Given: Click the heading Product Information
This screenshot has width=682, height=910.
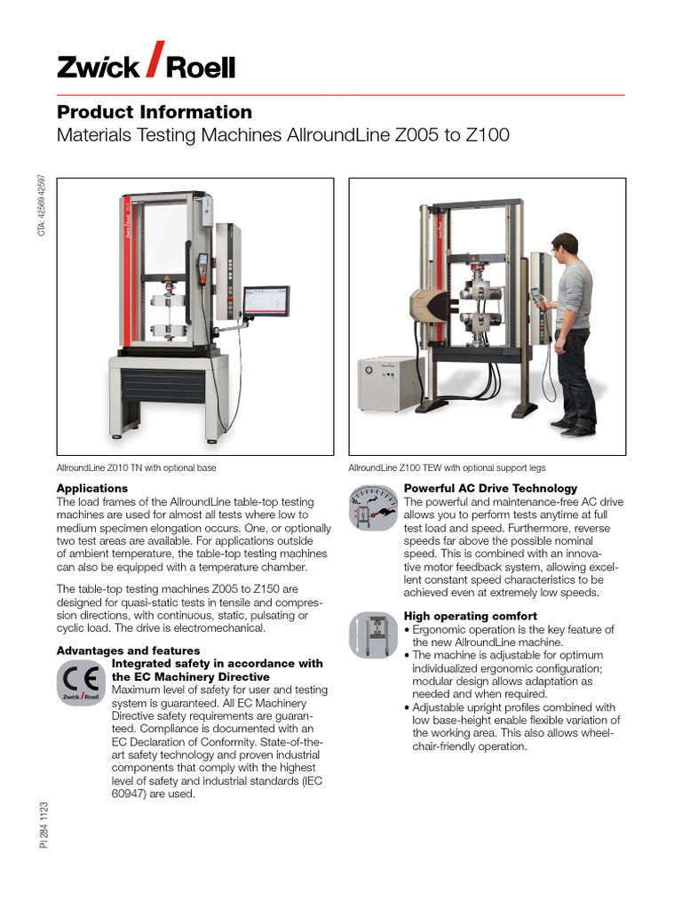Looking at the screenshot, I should pyautogui.click(x=155, y=113).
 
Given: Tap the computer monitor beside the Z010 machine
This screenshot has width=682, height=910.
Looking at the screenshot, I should pyautogui.click(x=266, y=303).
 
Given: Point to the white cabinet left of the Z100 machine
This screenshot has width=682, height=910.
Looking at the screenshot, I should pyautogui.click(x=387, y=383).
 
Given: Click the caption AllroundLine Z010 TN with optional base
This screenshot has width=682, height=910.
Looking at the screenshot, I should pyautogui.click(x=137, y=467).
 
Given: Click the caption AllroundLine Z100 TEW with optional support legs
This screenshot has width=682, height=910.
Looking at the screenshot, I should pyautogui.click(x=447, y=467).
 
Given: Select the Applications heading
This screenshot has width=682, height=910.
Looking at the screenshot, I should pyautogui.click(x=92, y=489).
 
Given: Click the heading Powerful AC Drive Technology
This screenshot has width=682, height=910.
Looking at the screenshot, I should pyautogui.click(x=490, y=489).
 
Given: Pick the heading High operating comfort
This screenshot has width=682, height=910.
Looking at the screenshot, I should pyautogui.click(x=471, y=616).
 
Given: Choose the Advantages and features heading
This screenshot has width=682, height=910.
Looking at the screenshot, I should pyautogui.click(x=128, y=651).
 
